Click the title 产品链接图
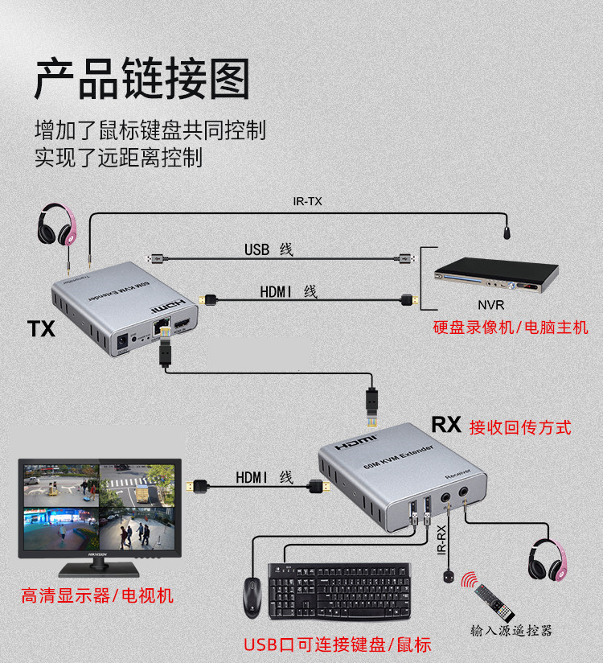click(142, 79)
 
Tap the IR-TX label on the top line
click(307, 202)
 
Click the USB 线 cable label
click(269, 249)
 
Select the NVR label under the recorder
click(490, 305)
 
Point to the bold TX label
click(41, 328)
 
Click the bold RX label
click(446, 425)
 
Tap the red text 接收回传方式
click(520, 426)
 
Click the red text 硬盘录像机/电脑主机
click(511, 327)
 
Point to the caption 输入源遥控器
click(512, 630)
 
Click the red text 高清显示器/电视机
click(97, 596)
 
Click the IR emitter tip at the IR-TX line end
click(507, 234)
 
